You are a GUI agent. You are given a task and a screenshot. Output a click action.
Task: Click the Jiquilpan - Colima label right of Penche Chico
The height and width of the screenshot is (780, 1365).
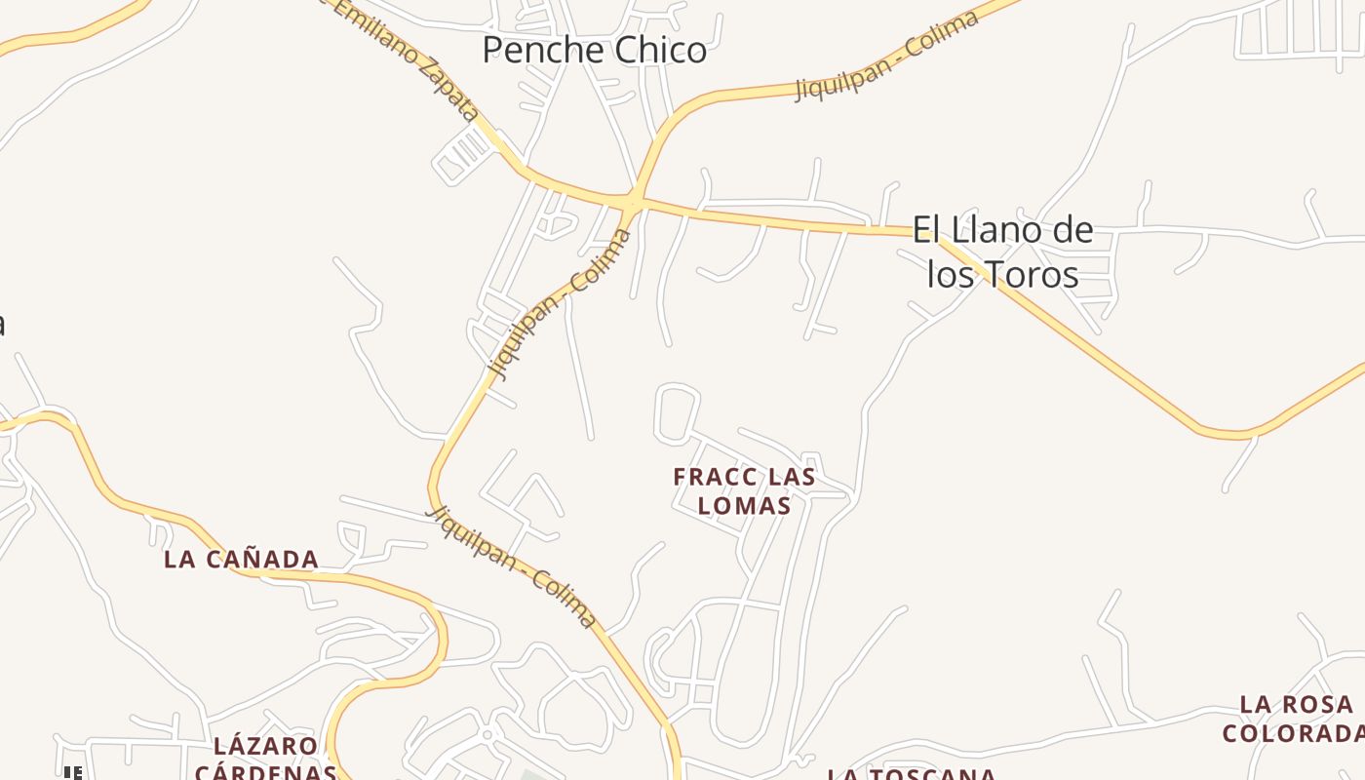(x=886, y=57)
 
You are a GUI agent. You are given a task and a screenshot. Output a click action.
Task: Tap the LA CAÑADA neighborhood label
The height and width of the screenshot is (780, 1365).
(x=241, y=560)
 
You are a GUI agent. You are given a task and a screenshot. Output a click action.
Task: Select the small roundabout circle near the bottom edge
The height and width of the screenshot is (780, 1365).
(x=487, y=733)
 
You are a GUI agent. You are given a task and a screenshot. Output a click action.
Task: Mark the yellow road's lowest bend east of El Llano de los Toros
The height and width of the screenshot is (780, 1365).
(x=1233, y=433)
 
